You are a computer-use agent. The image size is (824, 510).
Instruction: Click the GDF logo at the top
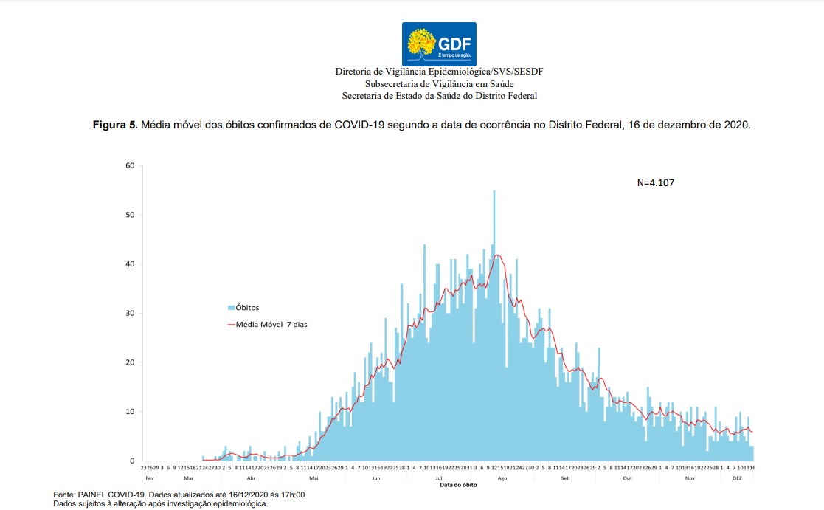(439, 44)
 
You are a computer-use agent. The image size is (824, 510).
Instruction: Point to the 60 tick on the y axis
(129, 165)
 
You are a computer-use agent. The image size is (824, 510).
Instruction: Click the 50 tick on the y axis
(129, 215)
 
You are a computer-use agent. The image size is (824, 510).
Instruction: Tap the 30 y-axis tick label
(129, 313)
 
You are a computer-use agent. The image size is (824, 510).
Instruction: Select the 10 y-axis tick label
(129, 412)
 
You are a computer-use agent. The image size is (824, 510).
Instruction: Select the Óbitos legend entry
(243, 307)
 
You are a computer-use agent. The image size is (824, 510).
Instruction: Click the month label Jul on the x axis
(440, 478)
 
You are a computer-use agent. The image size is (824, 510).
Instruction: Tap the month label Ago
(502, 478)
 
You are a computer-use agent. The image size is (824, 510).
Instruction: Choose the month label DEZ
(738, 478)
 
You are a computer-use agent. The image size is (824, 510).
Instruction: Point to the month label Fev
(150, 478)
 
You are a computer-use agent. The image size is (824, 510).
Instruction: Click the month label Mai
(314, 478)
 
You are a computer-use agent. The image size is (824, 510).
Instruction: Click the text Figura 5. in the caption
(114, 125)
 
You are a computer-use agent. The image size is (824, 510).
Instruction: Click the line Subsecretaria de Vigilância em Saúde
(439, 83)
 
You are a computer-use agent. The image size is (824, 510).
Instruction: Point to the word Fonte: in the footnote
(64, 495)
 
